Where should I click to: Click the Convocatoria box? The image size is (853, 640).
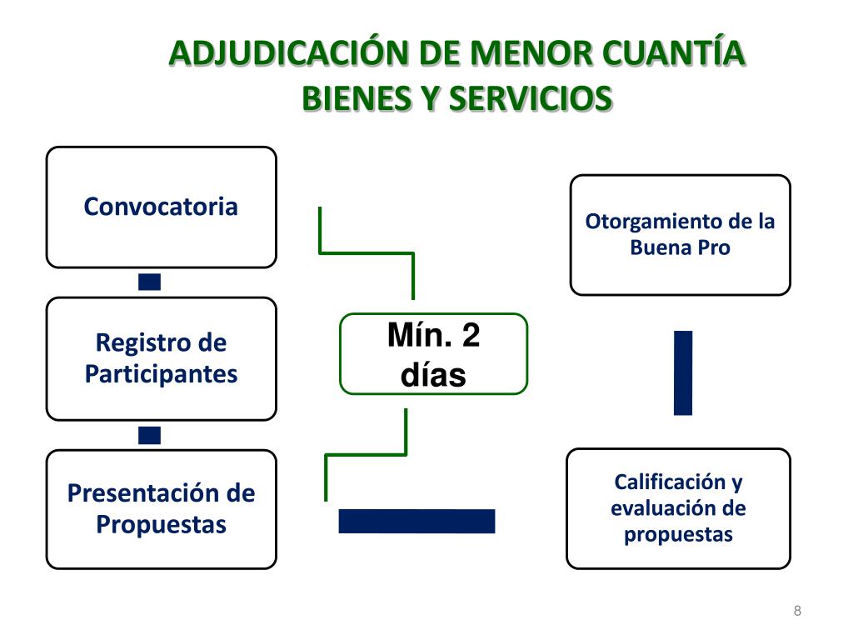(x=161, y=207)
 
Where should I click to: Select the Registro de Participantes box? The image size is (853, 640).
(x=161, y=358)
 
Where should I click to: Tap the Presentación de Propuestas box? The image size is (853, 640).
(x=161, y=508)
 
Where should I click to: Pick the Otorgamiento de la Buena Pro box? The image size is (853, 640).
(x=680, y=235)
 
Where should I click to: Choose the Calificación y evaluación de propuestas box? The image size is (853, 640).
(x=678, y=508)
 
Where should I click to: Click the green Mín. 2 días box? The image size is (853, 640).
(x=433, y=353)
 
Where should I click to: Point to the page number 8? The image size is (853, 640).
(x=797, y=612)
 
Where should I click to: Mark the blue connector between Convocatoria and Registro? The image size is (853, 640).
(x=150, y=282)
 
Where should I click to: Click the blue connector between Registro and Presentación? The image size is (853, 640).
(x=150, y=434)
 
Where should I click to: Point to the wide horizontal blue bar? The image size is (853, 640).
(x=417, y=521)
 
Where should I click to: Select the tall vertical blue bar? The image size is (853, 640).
(x=683, y=372)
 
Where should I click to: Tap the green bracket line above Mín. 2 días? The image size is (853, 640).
(x=367, y=252)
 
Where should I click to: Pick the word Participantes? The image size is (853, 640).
(x=161, y=374)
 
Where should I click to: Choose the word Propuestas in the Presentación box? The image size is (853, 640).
(x=161, y=524)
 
